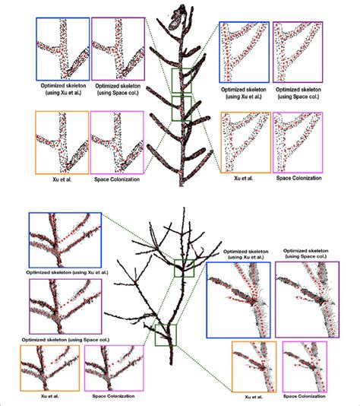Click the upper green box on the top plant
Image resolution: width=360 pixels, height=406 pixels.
tap(172, 81)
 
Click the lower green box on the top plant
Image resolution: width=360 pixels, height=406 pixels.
tap(172, 109)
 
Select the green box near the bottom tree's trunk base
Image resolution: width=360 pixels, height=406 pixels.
tap(156, 335)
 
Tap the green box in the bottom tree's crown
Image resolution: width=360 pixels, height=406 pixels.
tap(175, 268)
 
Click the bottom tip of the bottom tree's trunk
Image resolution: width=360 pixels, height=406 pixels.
tap(171, 363)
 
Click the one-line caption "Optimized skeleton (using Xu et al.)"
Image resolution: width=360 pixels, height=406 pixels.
tap(67, 272)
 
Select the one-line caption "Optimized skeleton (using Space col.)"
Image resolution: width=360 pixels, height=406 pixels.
tap(65, 339)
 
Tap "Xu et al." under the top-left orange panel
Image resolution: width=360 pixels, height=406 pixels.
tap(62, 179)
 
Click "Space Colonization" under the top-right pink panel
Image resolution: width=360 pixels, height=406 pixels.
tap(298, 178)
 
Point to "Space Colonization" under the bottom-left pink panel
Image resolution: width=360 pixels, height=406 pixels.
tap(113, 396)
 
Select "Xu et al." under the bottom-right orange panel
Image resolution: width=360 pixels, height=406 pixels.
tap(254, 397)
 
